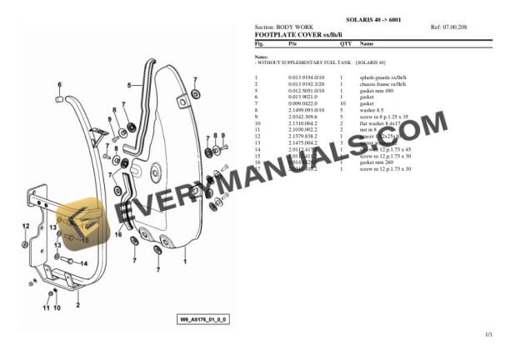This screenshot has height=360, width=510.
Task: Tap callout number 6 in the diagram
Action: (x=59, y=85)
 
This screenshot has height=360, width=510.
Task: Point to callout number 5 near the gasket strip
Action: (x=129, y=84)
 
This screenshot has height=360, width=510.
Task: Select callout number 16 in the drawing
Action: (x=117, y=235)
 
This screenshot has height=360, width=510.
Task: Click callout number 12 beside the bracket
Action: (x=26, y=226)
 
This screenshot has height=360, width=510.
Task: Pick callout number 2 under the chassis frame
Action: (x=78, y=304)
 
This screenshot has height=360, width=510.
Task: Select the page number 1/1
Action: (x=488, y=334)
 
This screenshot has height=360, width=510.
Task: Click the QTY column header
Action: (x=345, y=42)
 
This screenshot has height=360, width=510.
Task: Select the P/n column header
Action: (x=292, y=42)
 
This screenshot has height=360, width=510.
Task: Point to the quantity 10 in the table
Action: (x=342, y=102)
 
